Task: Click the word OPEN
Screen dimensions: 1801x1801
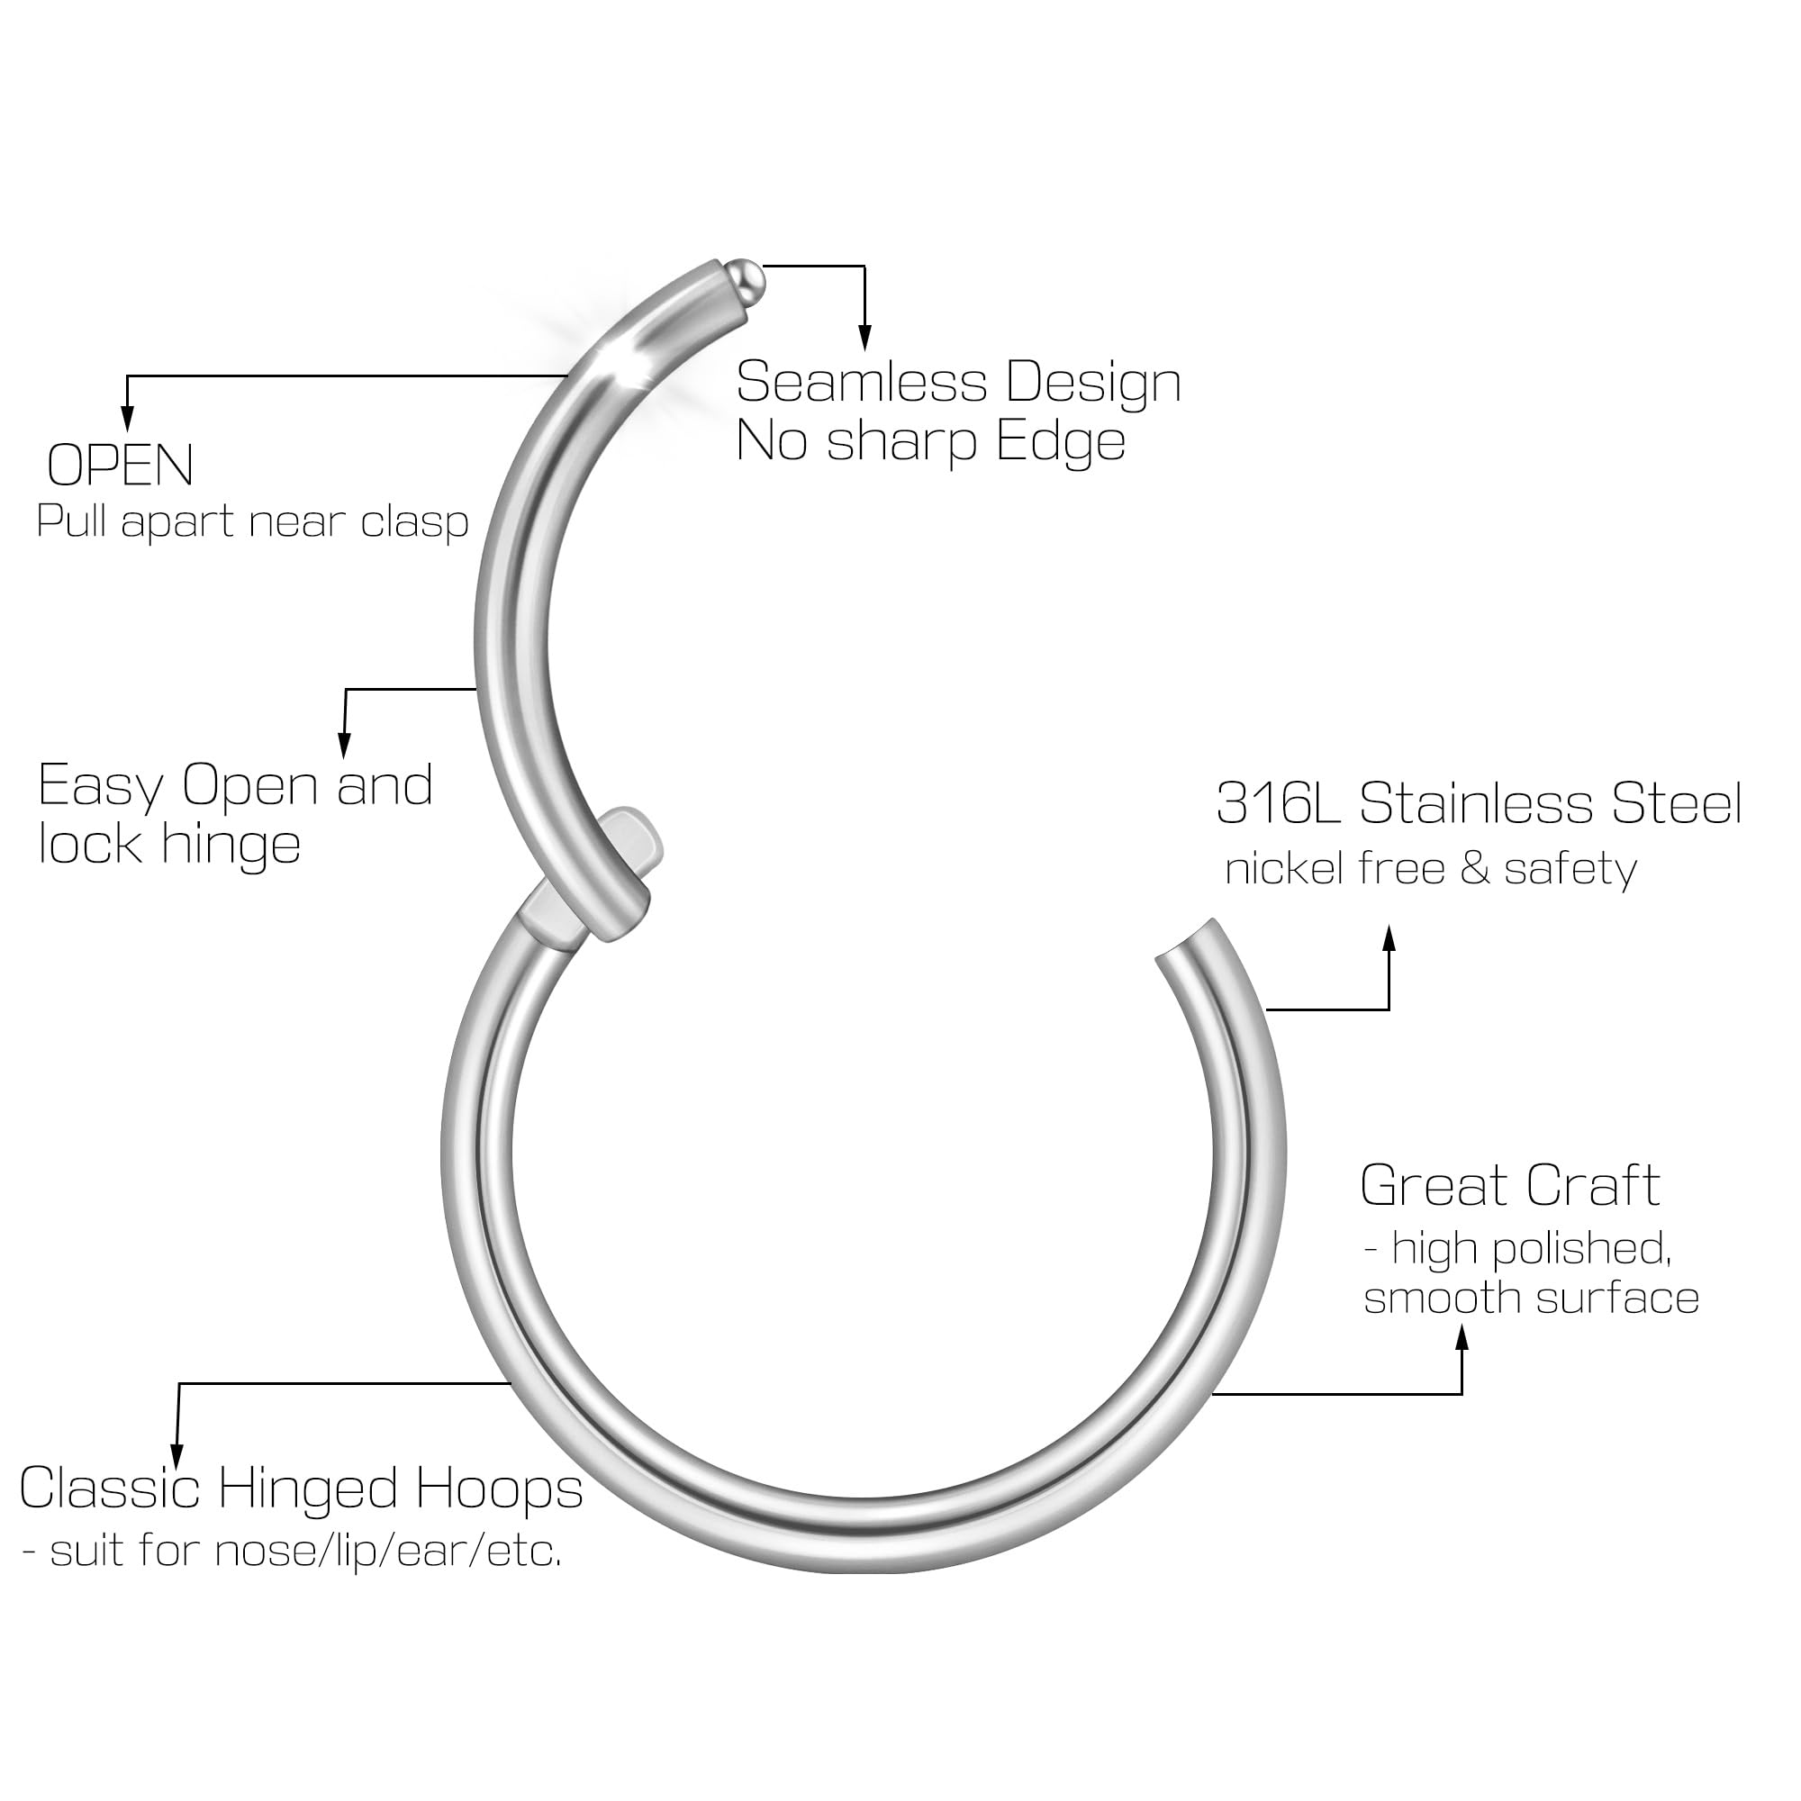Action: [121, 466]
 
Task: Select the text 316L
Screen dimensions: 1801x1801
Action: [1278, 803]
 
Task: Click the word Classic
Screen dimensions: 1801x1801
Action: [110, 1489]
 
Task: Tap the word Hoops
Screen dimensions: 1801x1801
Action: [499, 1489]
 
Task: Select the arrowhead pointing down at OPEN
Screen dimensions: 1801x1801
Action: [128, 421]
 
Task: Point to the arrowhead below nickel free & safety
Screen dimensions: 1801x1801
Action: [1389, 938]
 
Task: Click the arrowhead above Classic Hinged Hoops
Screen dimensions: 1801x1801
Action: [177, 1456]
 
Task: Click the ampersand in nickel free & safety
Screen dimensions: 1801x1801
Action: [1475, 870]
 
